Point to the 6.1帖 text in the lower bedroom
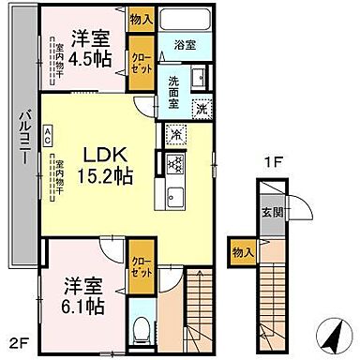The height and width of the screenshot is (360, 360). (x=84, y=306)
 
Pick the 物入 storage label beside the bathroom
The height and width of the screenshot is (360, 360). (x=140, y=18)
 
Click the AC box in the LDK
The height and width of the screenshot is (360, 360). (x=49, y=135)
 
